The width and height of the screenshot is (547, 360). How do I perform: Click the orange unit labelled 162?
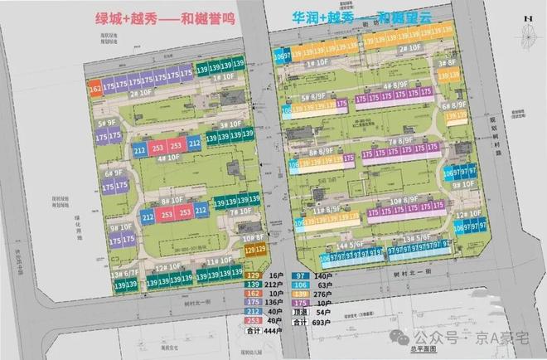(94, 87)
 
